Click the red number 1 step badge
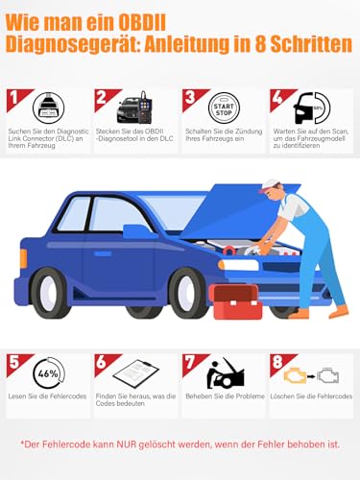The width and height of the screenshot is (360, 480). [12, 98]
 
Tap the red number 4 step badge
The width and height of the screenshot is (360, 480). [277, 98]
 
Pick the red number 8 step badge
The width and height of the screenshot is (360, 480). [276, 363]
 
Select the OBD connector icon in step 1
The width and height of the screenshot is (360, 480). [46, 107]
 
